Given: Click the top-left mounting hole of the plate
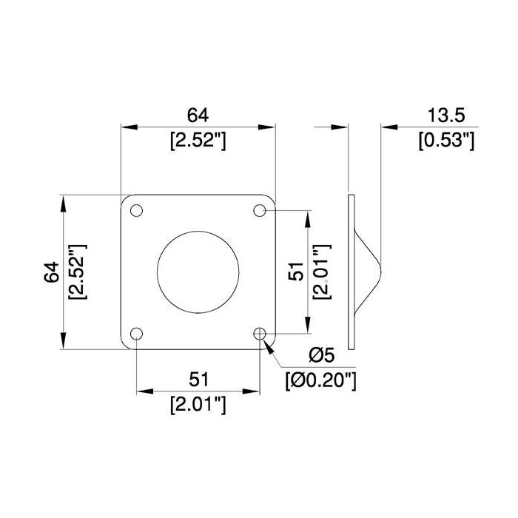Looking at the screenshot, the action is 136,210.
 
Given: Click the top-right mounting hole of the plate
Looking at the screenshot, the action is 260,210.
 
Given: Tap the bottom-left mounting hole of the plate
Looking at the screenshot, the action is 136,334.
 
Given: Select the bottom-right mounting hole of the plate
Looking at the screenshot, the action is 260,334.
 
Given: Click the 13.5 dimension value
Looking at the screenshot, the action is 446,115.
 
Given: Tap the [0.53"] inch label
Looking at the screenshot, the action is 446,141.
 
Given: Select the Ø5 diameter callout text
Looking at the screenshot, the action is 322,355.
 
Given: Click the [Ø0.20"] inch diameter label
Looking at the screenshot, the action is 321,381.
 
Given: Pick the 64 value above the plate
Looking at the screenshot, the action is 198,115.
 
